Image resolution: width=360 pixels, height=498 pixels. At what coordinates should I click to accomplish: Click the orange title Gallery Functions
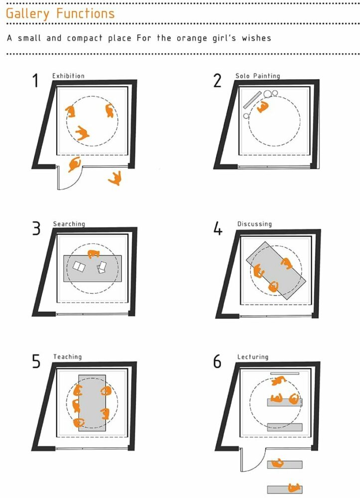coord(60,13)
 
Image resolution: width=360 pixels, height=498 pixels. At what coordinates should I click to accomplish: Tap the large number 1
coord(35,80)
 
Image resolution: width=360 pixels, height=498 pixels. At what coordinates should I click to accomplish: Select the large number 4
coord(218,230)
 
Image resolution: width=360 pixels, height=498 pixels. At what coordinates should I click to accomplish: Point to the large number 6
coord(217,362)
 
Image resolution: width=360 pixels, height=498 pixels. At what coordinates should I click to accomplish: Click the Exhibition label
coord(68,76)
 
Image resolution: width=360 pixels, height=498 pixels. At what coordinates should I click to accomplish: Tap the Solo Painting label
coord(257,76)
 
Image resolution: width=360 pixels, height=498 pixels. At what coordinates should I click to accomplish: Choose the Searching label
coord(69,224)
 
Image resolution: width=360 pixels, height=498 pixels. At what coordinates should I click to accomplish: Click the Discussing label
coord(254,224)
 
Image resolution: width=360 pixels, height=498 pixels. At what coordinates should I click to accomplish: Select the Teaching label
coord(67,357)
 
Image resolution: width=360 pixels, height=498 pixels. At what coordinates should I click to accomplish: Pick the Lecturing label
coord(252,357)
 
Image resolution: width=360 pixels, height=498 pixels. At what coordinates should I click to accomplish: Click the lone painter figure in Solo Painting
coord(262,107)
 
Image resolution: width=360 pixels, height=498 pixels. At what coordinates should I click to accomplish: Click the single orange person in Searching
coord(93,254)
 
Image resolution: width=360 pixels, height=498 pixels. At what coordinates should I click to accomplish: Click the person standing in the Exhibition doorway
coord(75,164)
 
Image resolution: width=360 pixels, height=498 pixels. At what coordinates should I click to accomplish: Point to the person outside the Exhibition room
coord(116,178)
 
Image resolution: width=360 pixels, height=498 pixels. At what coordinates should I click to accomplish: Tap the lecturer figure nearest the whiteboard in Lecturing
coord(278,381)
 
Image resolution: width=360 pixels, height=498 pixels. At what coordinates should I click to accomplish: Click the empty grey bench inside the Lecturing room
coord(284,427)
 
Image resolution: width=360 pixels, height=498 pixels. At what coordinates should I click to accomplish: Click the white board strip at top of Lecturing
coord(284,373)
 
